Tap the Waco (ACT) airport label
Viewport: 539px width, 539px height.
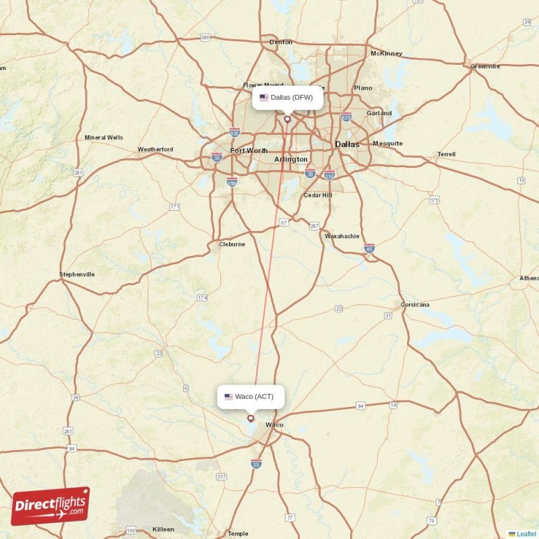pyautogui.click(x=250, y=396)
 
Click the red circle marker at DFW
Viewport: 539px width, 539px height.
pyautogui.click(x=288, y=119)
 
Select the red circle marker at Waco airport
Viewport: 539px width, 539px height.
pyautogui.click(x=251, y=418)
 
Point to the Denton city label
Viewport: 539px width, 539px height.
pyautogui.click(x=281, y=42)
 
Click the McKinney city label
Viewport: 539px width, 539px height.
pyautogui.click(x=386, y=53)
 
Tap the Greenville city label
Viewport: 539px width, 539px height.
pyautogui.click(x=485, y=66)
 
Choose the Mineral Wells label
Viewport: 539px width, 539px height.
pyautogui.click(x=104, y=137)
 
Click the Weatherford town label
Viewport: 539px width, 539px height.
pyautogui.click(x=155, y=149)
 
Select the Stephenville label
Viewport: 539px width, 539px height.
pyautogui.click(x=77, y=274)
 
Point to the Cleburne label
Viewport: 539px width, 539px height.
pyautogui.click(x=232, y=244)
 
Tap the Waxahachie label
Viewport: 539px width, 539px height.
pyautogui.click(x=342, y=236)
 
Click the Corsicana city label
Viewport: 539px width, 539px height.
pyautogui.click(x=415, y=305)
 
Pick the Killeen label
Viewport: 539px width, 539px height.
pyautogui.click(x=162, y=530)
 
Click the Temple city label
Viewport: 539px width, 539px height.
pyautogui.click(x=238, y=533)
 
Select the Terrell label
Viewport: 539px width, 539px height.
pyautogui.click(x=446, y=154)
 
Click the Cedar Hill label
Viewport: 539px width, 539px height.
pyautogui.click(x=317, y=195)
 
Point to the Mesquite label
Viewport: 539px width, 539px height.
pyautogui.click(x=387, y=143)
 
